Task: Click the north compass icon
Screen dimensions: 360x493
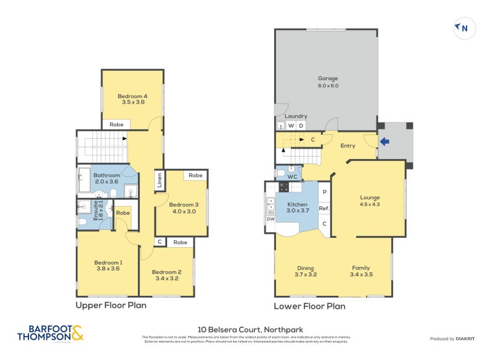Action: pyautogui.click(x=464, y=28)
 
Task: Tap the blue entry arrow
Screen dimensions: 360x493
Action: pyautogui.click(x=385, y=141)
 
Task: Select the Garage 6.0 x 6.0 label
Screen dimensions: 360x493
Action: pyautogui.click(x=328, y=82)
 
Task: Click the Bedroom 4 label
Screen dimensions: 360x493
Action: pyautogui.click(x=133, y=99)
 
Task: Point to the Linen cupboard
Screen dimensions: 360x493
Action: pyautogui.click(x=159, y=180)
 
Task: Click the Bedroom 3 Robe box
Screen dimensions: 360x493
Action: pyautogui.click(x=195, y=176)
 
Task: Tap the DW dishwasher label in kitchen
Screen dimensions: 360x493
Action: pyautogui.click(x=271, y=219)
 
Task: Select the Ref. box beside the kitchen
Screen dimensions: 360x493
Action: pyautogui.click(x=324, y=208)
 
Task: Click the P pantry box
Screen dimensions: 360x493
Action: pyautogui.click(x=324, y=192)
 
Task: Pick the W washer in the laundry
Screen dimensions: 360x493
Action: pyautogui.click(x=291, y=126)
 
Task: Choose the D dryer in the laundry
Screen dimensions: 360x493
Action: pyautogui.click(x=301, y=126)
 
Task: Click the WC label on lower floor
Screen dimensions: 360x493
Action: pyautogui.click(x=293, y=177)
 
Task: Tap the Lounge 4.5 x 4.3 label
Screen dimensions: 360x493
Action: pyautogui.click(x=370, y=201)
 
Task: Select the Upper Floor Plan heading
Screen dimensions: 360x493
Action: pyautogui.click(x=111, y=305)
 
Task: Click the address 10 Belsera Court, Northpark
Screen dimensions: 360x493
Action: pyautogui.click(x=250, y=330)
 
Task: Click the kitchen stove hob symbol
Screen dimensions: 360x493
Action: pyautogui.click(x=284, y=186)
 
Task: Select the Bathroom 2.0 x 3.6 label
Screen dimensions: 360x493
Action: pyautogui.click(x=106, y=179)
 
